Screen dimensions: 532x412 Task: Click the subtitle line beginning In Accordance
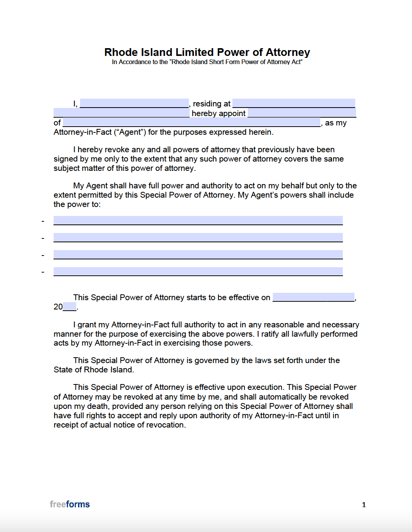tap(207, 62)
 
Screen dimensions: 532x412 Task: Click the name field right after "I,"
tap(134, 103)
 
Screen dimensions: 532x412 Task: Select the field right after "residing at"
tap(293, 103)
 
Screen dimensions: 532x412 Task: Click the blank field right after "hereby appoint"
tap(302, 113)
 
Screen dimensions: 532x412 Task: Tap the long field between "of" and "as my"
tap(192, 122)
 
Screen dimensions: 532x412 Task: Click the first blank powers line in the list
tap(198, 221)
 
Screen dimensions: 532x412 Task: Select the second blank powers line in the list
tap(198, 238)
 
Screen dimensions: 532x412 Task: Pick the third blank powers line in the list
tap(198, 255)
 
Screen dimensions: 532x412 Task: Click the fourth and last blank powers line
tap(198, 271)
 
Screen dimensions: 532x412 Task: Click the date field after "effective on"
tap(313, 297)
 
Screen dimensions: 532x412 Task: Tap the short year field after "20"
tap(70, 307)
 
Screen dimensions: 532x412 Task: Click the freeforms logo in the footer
tap(70, 504)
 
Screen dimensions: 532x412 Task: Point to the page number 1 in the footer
tap(364, 505)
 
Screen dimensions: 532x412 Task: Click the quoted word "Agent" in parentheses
tap(130, 132)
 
